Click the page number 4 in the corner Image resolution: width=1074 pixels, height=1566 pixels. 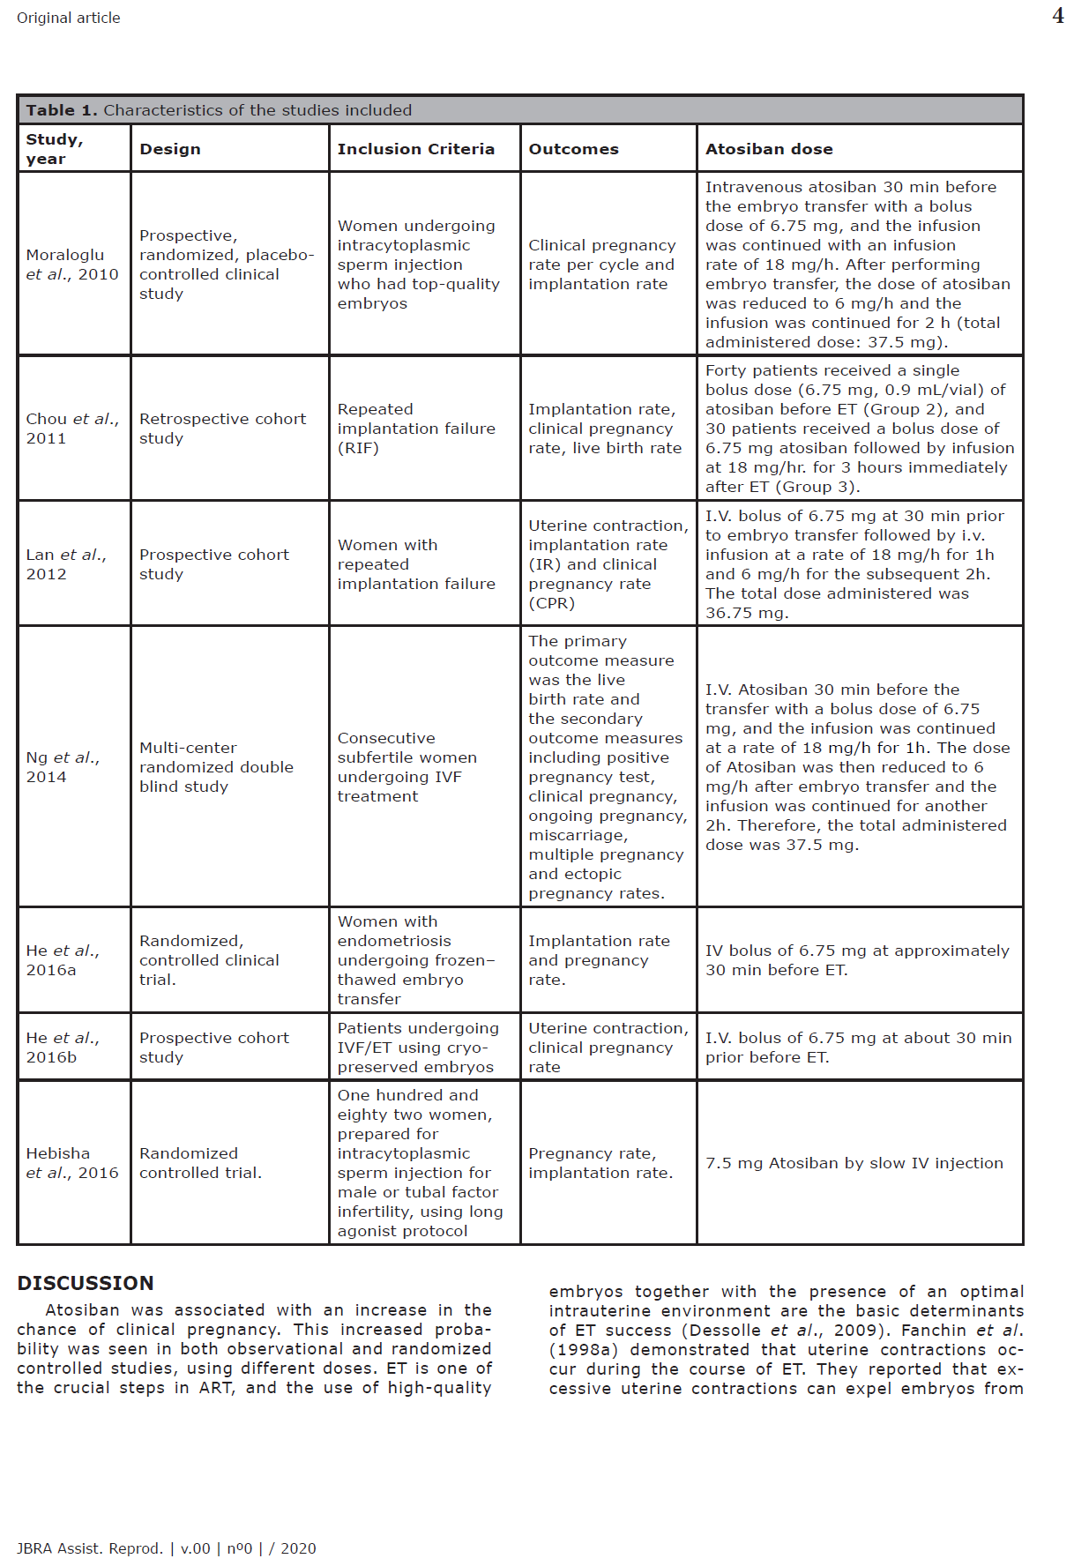[x=1057, y=16]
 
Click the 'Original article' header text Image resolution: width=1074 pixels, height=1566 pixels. [x=69, y=18]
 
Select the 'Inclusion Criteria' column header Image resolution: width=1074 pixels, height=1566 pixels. [x=415, y=149]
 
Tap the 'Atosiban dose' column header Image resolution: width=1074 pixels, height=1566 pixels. [x=768, y=149]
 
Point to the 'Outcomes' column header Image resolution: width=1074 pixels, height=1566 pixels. [x=573, y=149]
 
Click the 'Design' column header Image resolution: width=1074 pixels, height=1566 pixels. [x=169, y=149]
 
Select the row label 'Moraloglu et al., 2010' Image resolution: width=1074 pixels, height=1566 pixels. [x=71, y=265]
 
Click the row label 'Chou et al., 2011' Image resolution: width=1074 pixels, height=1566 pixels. [x=71, y=429]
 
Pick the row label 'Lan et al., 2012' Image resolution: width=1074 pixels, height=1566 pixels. [x=66, y=564]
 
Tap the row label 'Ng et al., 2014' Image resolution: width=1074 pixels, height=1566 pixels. [x=63, y=767]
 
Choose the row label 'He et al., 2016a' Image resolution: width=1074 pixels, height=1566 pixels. [x=63, y=960]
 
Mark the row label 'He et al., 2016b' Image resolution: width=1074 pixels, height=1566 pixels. [x=63, y=1048]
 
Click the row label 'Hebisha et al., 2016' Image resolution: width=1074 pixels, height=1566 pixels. [x=71, y=1163]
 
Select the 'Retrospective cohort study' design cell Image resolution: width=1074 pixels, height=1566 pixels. [x=222, y=429]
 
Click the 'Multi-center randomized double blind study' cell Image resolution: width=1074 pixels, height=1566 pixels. [x=216, y=767]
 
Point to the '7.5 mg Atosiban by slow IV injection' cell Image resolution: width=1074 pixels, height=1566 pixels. [x=854, y=1163]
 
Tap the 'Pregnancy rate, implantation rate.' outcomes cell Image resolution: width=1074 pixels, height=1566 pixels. [x=600, y=1163]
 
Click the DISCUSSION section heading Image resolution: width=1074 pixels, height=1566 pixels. [x=86, y=1283]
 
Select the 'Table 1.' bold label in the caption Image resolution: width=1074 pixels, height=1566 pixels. [x=61, y=110]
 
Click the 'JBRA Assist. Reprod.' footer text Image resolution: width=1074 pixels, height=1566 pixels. [x=89, y=1548]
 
